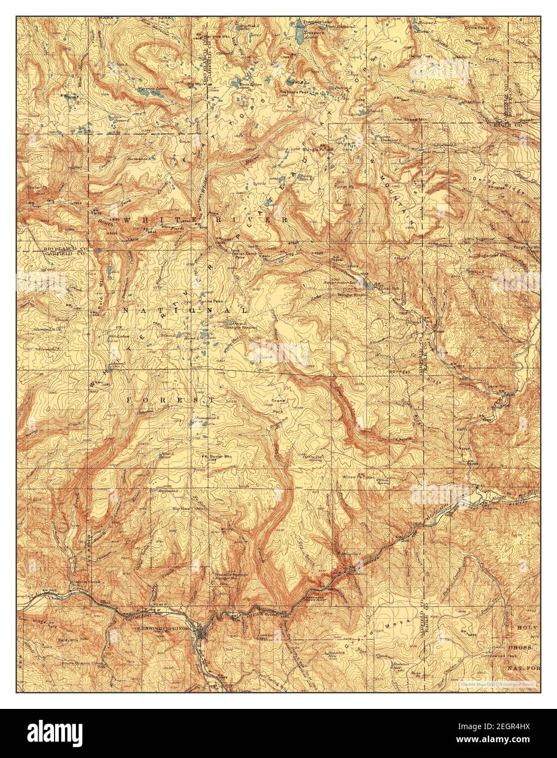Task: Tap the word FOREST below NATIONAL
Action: [171, 400]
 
